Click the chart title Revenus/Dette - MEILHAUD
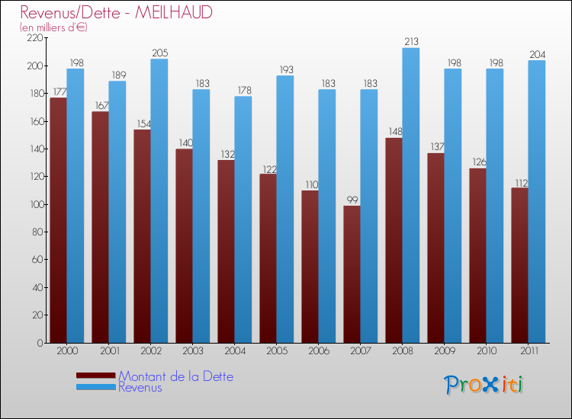[x=117, y=12]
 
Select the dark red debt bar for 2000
[x=58, y=221]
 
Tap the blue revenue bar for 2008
[x=410, y=195]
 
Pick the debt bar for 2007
[x=352, y=274]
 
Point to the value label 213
[x=410, y=42]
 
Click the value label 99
[x=352, y=200]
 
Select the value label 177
[x=58, y=91]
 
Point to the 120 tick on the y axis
[x=35, y=177]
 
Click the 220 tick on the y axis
[x=35, y=38]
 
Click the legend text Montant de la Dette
[x=175, y=376]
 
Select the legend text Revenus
[x=140, y=387]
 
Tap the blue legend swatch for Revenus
[x=95, y=388]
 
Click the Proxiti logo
[x=484, y=385]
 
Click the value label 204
[x=536, y=54]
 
